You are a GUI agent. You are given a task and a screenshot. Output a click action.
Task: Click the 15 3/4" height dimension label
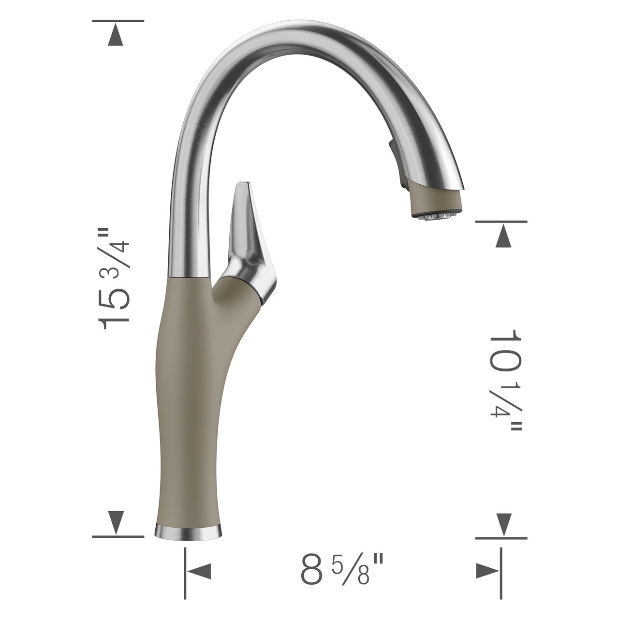115,280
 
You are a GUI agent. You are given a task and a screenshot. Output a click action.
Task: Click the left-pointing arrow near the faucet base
199,571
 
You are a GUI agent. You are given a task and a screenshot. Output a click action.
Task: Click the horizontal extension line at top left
118,21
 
